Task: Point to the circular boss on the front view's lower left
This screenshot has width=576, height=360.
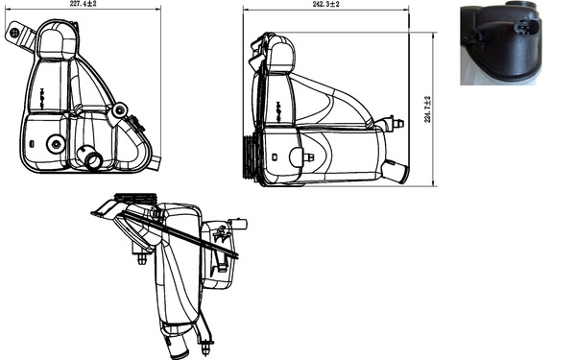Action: pyautogui.click(x=55, y=145)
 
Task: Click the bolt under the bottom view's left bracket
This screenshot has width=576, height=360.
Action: pyautogui.click(x=142, y=257)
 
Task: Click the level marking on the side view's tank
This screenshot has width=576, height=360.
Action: pyautogui.click(x=277, y=105)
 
